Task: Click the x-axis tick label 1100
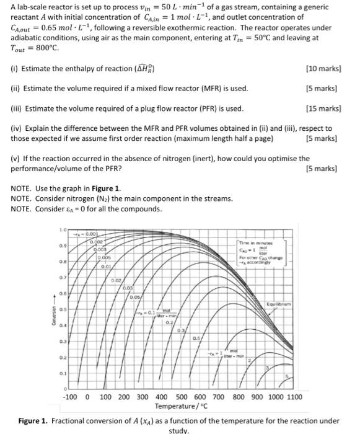[x=294, y=397]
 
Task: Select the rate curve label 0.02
[x=116, y=280]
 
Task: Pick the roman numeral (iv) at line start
[x=16, y=128]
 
